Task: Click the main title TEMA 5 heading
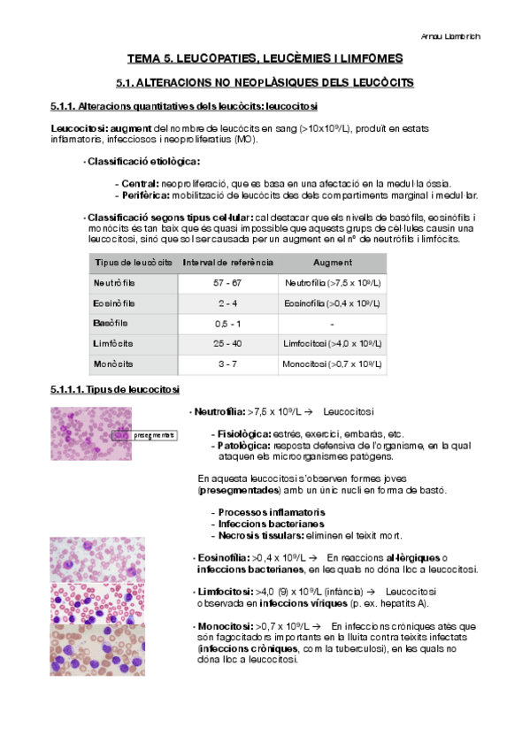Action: (265, 58)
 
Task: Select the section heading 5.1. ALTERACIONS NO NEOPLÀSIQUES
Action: (265, 82)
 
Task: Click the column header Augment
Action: (332, 263)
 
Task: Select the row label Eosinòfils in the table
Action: (113, 302)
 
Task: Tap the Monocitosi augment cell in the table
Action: (332, 363)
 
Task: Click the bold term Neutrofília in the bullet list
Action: (220, 412)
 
